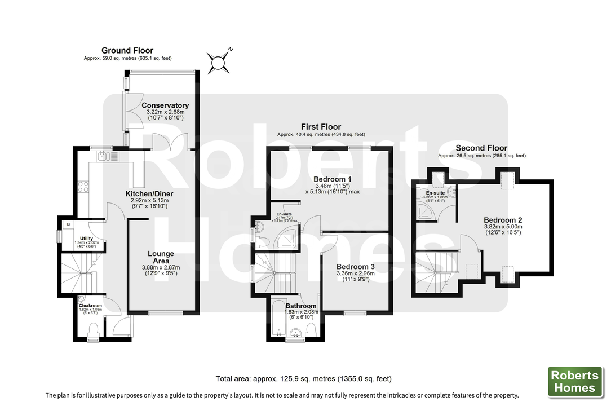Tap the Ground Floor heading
(127, 51)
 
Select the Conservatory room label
(165, 105)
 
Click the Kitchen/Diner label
(149, 194)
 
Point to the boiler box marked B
(68, 224)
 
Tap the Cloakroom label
(90, 306)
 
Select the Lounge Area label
(161, 258)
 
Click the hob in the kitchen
(83, 186)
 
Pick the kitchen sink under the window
(105, 156)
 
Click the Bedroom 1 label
(332, 180)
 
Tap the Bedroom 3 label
(355, 267)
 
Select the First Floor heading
(320, 127)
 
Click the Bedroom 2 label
(503, 220)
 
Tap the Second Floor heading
(482, 148)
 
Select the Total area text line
(303, 379)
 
